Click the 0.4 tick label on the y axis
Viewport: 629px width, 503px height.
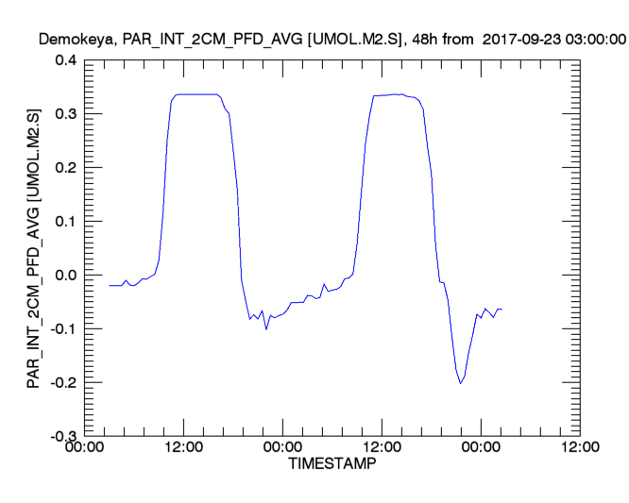[64, 60]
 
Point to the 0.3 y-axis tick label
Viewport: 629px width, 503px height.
[64, 114]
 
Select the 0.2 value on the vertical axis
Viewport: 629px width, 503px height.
[64, 168]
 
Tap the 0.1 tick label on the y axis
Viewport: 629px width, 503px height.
[64, 222]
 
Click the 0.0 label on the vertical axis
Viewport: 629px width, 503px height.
[64, 276]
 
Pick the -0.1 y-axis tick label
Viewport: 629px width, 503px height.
[61, 329]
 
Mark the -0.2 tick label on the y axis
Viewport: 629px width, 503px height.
[61, 383]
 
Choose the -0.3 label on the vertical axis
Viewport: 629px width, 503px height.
[61, 437]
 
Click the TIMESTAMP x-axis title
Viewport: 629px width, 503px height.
[331, 465]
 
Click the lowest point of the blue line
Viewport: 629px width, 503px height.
[460, 383]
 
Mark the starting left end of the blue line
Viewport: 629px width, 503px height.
[110, 285]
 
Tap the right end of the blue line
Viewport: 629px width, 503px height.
[501, 309]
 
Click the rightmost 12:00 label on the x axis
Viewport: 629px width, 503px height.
[578, 448]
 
